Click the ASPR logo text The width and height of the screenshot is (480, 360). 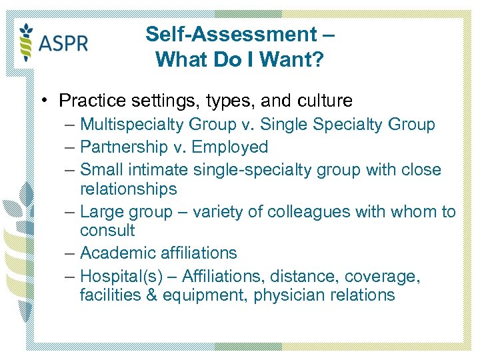pyautogui.click(x=63, y=44)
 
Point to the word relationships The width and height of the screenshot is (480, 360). pyautogui.click(x=128, y=189)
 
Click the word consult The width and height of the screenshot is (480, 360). pyautogui.click(x=107, y=231)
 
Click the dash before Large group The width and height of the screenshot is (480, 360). pyautogui.click(x=70, y=212)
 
